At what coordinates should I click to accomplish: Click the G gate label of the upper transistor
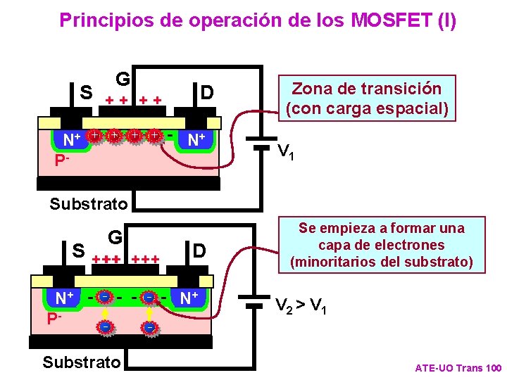(x=123, y=78)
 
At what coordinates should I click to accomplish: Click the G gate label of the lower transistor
(x=116, y=237)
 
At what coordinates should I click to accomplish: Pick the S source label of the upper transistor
(x=85, y=93)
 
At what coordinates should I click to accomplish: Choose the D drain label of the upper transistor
(x=207, y=93)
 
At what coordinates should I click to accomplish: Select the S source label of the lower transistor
(x=79, y=251)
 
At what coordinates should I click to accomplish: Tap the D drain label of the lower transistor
(x=200, y=251)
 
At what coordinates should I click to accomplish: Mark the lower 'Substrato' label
(x=81, y=362)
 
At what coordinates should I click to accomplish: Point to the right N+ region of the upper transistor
(x=196, y=140)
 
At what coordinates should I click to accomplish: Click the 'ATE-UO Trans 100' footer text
(x=458, y=368)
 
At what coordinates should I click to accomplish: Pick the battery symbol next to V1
(x=261, y=141)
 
